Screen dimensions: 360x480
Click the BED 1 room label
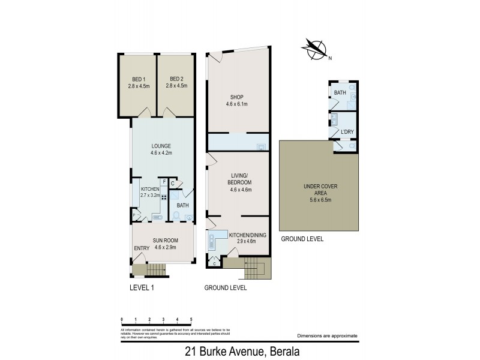click(x=137, y=82)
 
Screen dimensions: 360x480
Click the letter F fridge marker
click(x=164, y=181)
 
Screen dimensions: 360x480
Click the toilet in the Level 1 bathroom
click(x=176, y=216)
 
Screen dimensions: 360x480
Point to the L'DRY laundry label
click(x=346, y=131)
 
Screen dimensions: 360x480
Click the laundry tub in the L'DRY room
click(x=335, y=118)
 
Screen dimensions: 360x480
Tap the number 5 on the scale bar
click(x=191, y=319)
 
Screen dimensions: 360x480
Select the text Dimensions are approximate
click(x=327, y=336)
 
